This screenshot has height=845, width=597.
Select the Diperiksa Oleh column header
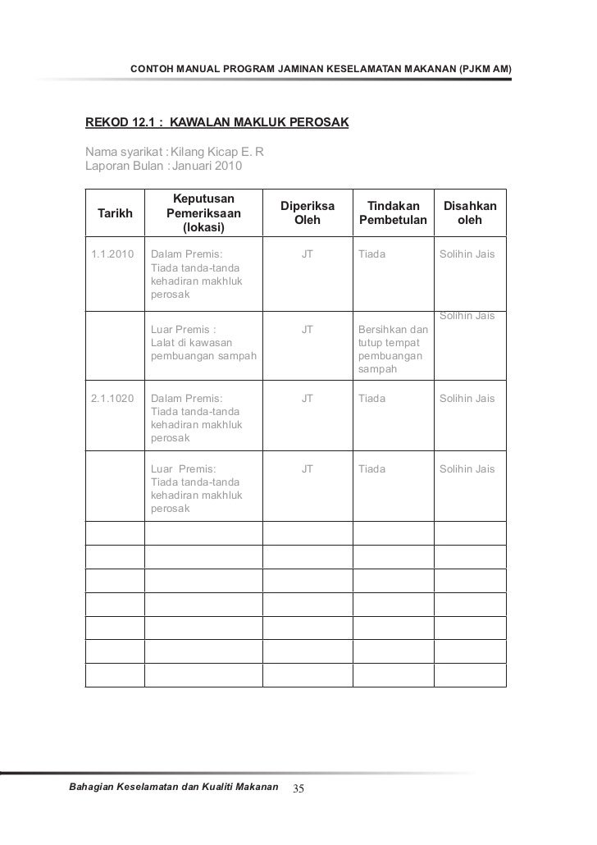pos(308,213)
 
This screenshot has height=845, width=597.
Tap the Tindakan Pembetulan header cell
pos(393,213)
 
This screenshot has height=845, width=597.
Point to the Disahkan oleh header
pos(470,213)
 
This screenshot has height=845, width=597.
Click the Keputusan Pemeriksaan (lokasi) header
pos(203,212)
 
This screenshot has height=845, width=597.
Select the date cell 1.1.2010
pos(113,254)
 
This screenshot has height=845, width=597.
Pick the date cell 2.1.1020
pos(113,399)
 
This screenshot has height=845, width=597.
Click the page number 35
pos(298,789)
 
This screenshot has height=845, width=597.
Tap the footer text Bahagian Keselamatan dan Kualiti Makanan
pos(172,788)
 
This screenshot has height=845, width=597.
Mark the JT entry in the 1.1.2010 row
pos(308,254)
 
